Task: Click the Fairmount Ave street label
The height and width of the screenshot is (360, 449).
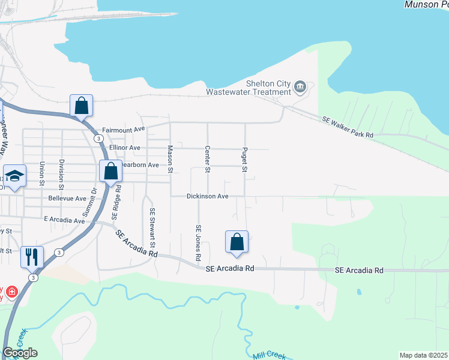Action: click(124, 130)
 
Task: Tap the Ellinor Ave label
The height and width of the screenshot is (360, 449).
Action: click(124, 148)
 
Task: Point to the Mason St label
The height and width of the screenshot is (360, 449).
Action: click(170, 159)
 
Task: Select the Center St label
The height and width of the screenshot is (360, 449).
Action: click(208, 159)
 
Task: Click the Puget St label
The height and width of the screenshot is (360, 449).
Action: click(245, 159)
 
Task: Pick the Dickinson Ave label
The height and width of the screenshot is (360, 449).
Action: click(208, 196)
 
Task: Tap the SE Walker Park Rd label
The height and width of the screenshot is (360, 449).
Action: click(348, 128)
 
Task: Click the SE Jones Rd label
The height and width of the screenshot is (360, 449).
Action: click(198, 242)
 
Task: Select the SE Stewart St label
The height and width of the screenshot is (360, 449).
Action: click(152, 228)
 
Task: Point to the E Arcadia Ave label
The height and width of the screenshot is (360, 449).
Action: click(65, 220)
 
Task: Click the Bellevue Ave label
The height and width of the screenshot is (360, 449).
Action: click(67, 198)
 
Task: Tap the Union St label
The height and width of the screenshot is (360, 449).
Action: click(42, 173)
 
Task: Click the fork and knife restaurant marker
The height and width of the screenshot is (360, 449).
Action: click(32, 257)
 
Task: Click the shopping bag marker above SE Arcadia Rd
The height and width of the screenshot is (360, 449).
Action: click(237, 242)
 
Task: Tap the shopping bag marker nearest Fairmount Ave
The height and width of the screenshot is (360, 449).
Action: click(81, 106)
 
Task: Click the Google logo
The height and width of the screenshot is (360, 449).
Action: click(20, 353)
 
